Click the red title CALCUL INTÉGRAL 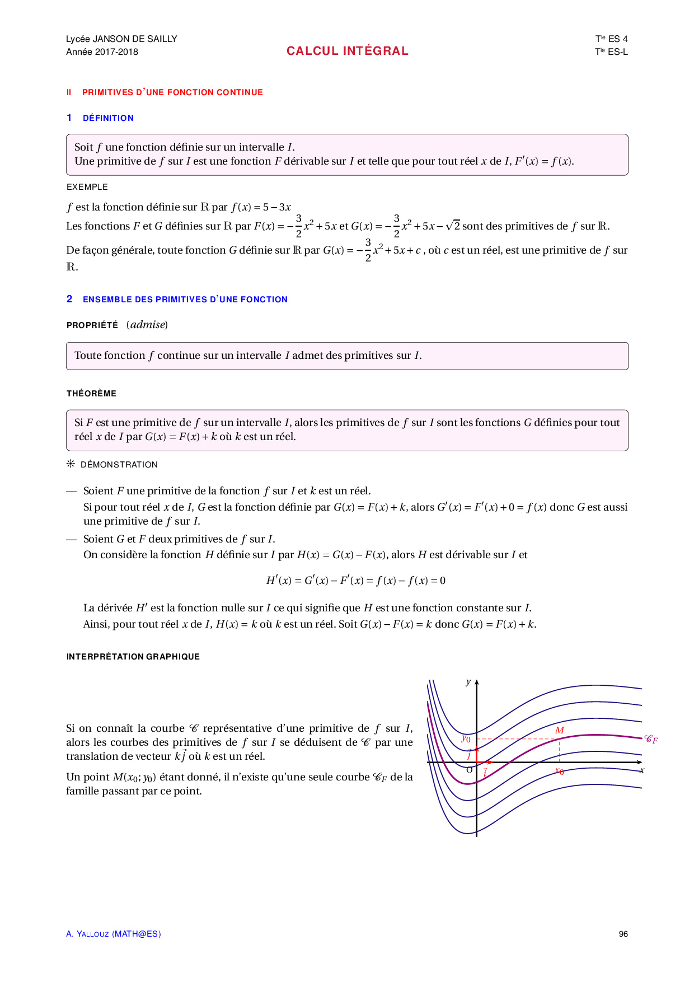pyautogui.click(x=347, y=51)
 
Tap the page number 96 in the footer pyautogui.click(x=623, y=934)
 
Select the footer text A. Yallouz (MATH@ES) pyautogui.click(x=114, y=934)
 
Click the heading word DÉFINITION pyautogui.click(x=108, y=118)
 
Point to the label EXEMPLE pyautogui.click(x=87, y=187)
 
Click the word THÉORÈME pyautogui.click(x=91, y=394)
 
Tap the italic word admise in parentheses pyautogui.click(x=147, y=325)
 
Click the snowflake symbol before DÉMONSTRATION pyautogui.click(x=71, y=464)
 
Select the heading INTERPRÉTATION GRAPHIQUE pyautogui.click(x=133, y=657)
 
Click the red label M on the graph pyautogui.click(x=559, y=730)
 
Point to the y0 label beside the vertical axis pyautogui.click(x=466, y=738)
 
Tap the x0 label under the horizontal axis pyautogui.click(x=559, y=771)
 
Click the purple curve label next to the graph pyautogui.click(x=650, y=739)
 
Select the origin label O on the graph pyautogui.click(x=469, y=770)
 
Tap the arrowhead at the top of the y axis pyautogui.click(x=476, y=682)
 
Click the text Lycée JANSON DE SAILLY pyautogui.click(x=121, y=39)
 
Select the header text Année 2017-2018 pyautogui.click(x=102, y=52)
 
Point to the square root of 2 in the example pyautogui.click(x=453, y=226)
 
